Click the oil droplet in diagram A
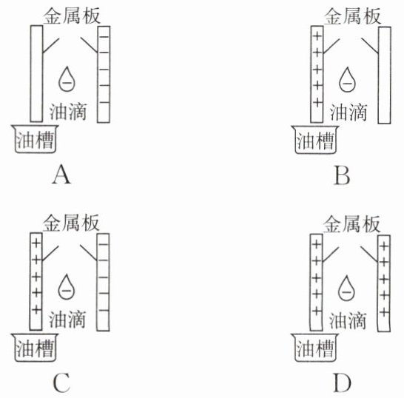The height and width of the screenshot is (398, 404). pyautogui.click(x=67, y=80)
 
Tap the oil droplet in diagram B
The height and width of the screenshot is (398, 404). pyautogui.click(x=347, y=81)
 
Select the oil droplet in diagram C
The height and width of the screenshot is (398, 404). pyautogui.click(x=66, y=288)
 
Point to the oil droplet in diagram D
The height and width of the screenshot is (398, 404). pyautogui.click(x=346, y=289)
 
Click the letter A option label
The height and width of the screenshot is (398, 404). pyautogui.click(x=61, y=175)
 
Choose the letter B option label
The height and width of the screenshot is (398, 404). pyautogui.click(x=342, y=176)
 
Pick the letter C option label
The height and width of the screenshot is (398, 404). pyautogui.click(x=61, y=382)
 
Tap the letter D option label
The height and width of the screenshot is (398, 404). pyautogui.click(x=342, y=383)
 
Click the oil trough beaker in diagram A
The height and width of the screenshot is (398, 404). pyautogui.click(x=35, y=139)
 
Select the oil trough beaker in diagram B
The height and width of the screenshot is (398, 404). pyautogui.click(x=315, y=140)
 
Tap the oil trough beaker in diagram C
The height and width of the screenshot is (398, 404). pyautogui.click(x=35, y=348)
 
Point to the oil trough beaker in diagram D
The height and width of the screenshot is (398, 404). pyautogui.click(x=315, y=348)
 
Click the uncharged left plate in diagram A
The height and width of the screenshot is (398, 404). pyautogui.click(x=36, y=74)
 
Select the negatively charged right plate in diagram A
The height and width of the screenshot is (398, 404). pyautogui.click(x=104, y=75)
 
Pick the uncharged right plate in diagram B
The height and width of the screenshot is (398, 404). pyautogui.click(x=385, y=75)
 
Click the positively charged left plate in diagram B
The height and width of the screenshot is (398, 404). pyautogui.click(x=317, y=75)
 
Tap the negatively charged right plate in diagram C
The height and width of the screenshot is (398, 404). pyautogui.click(x=103, y=283)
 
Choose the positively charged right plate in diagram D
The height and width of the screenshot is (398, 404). pyautogui.click(x=384, y=283)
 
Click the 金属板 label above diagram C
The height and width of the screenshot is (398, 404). pyautogui.click(x=71, y=223)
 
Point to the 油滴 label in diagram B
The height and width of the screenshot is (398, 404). pyautogui.click(x=349, y=112)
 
